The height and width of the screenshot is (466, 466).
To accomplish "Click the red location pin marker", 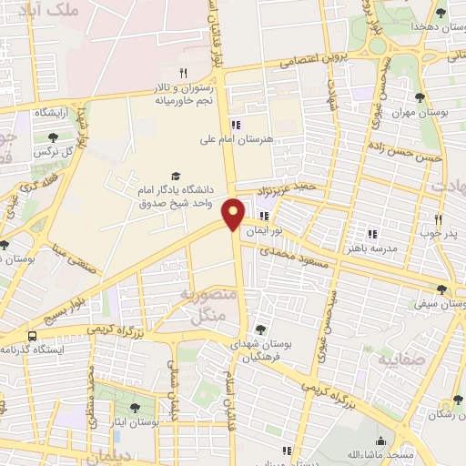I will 234,214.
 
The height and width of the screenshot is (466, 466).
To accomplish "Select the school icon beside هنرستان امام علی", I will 236,126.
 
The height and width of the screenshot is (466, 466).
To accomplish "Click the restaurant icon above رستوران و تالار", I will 182,73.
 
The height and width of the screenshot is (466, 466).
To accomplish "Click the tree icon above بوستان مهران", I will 420,98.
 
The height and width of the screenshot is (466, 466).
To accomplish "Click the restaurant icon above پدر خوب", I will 438,218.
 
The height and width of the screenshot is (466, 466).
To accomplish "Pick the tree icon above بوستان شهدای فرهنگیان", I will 261,328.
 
